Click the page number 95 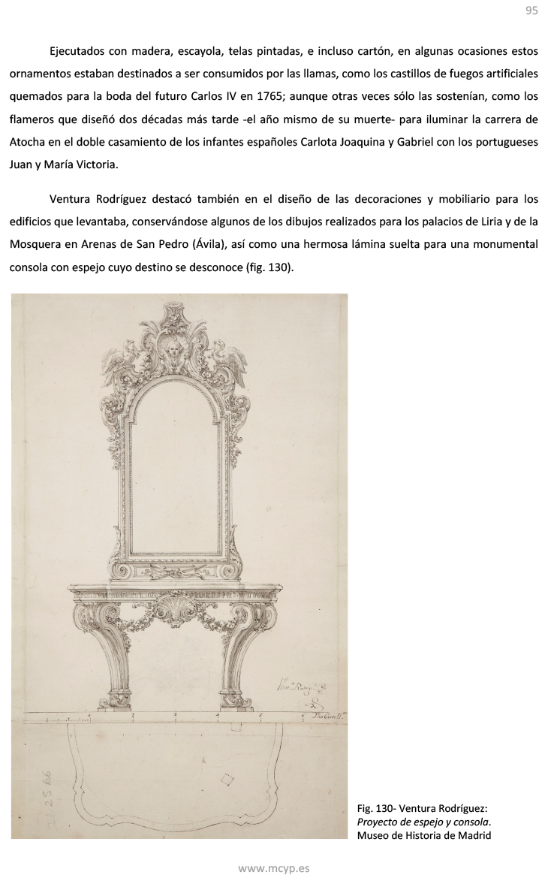[531, 11]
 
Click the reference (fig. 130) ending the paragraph [270, 266]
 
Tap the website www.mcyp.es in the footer [273, 868]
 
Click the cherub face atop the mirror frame [173, 351]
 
